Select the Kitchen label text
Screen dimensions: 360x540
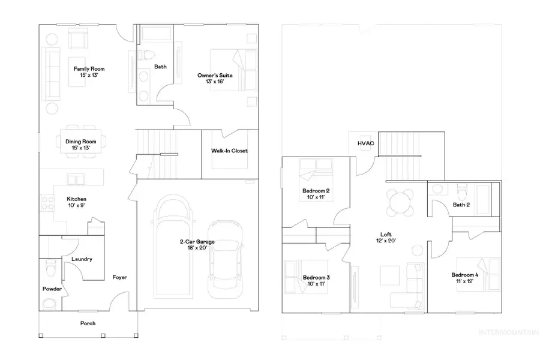coord(76,199)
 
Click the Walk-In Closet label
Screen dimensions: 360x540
coord(229,151)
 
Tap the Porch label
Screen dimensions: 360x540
coord(88,323)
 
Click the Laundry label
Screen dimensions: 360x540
coord(81,259)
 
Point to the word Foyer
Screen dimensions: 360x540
coord(120,277)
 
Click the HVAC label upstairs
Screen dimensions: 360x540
coord(366,143)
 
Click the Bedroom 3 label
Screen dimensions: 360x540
coord(316,277)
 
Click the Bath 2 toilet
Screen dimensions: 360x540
coord(461,193)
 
